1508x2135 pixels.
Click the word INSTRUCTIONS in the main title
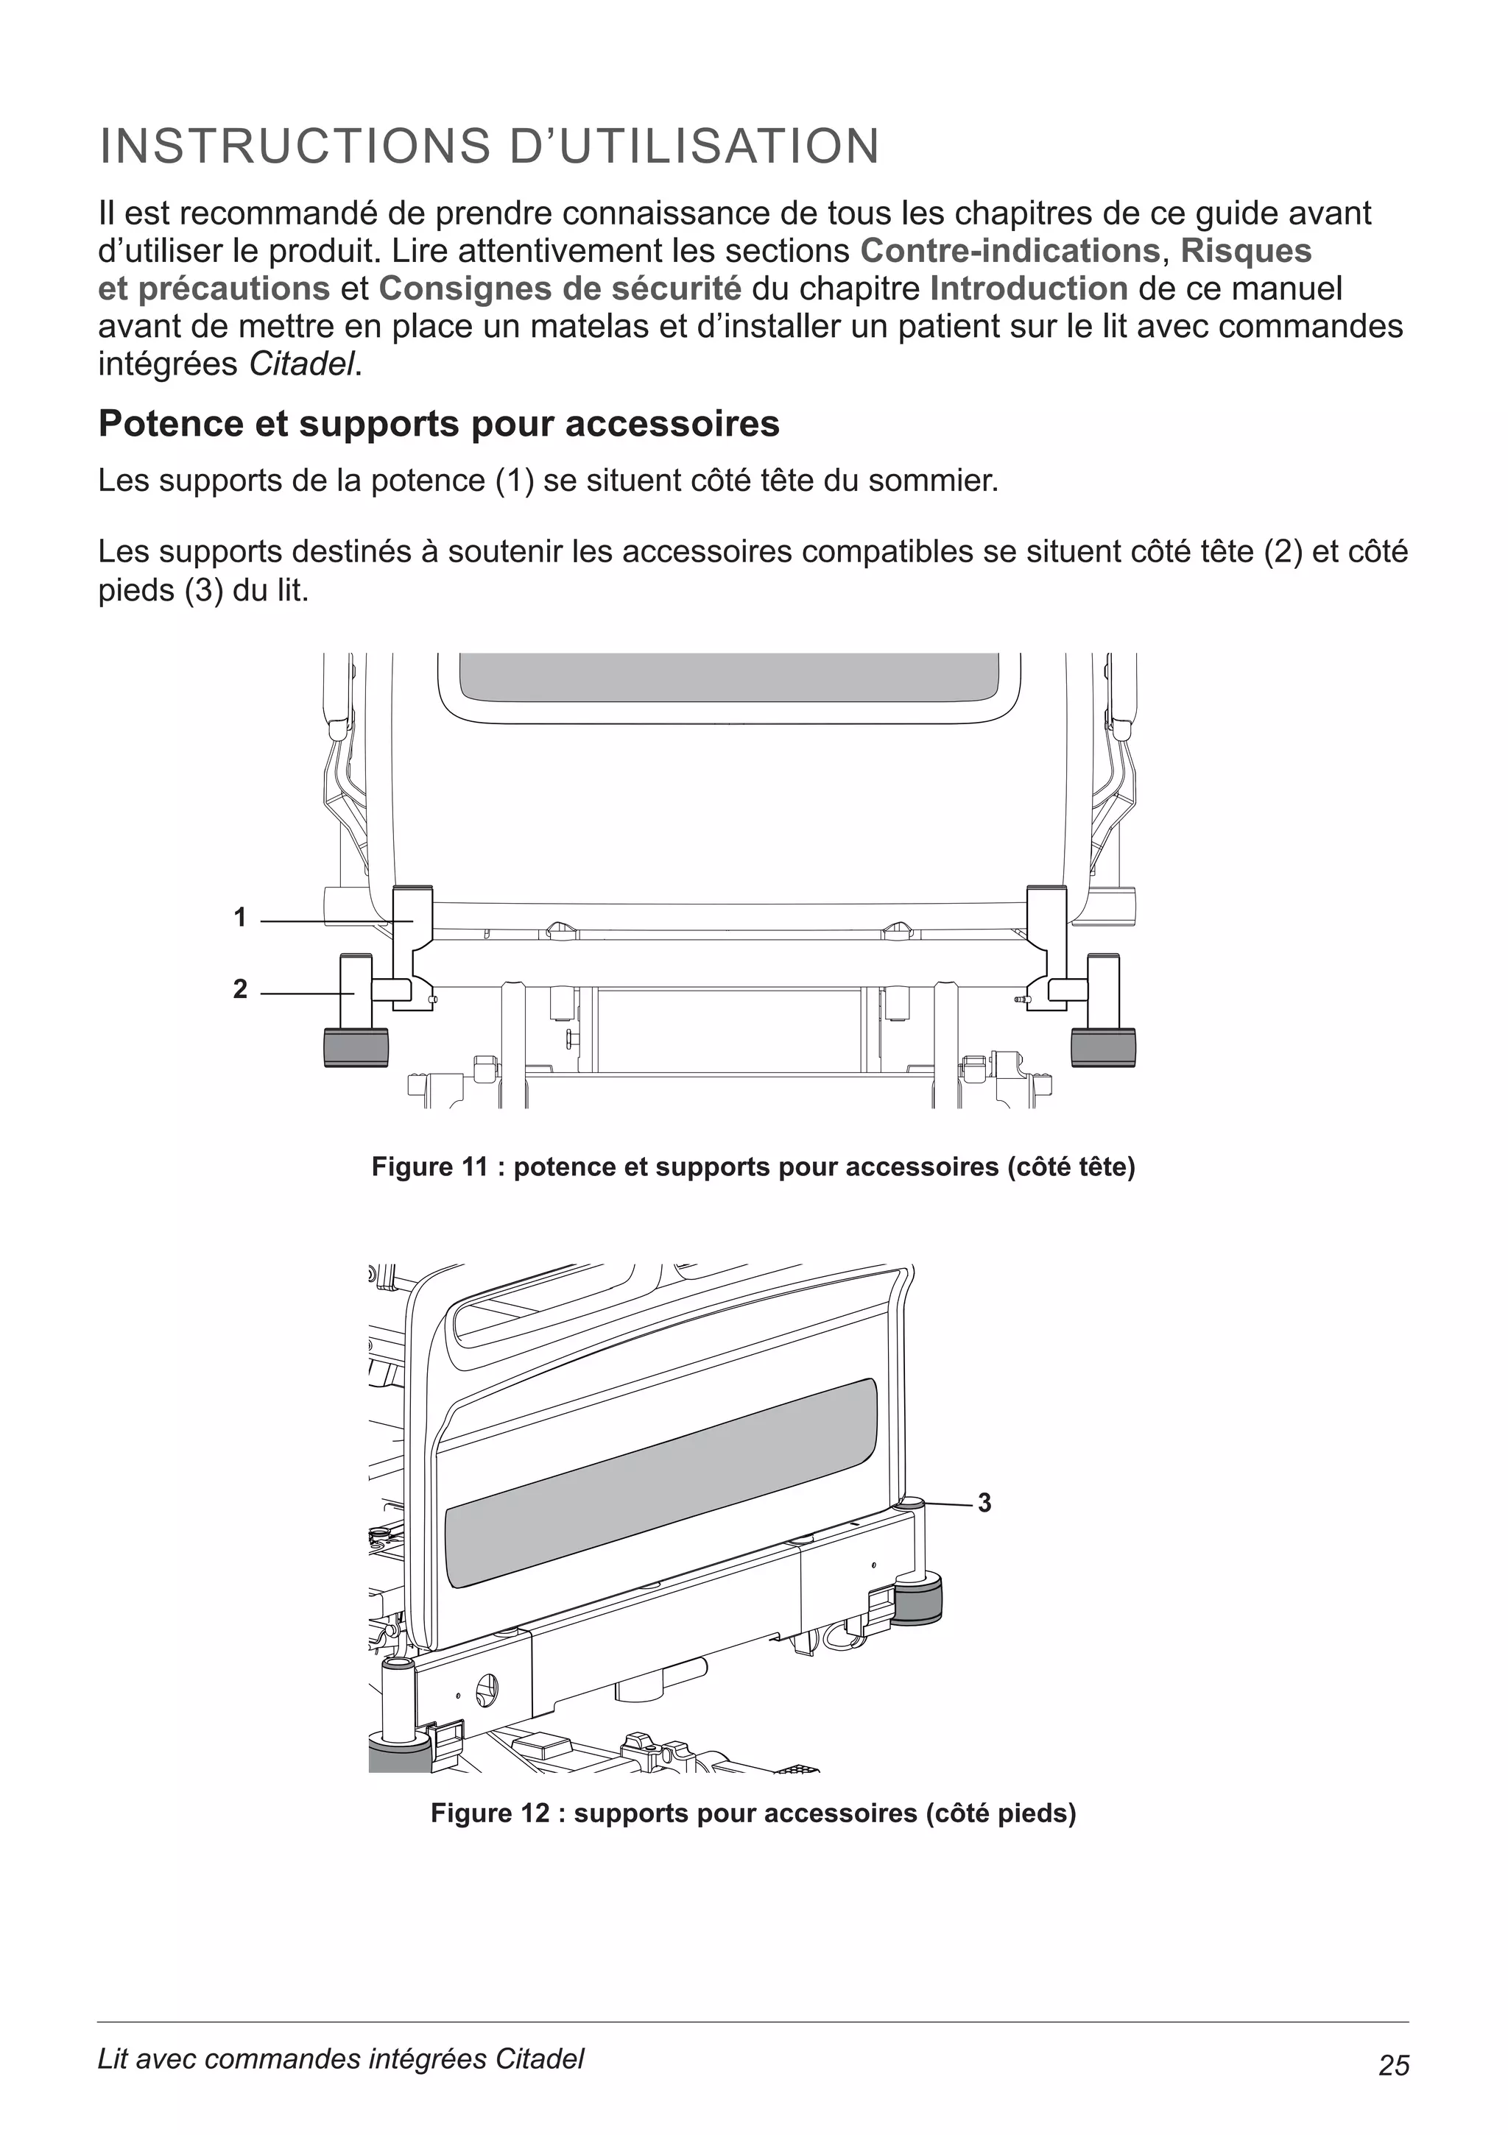(x=294, y=147)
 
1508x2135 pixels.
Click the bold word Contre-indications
(x=1010, y=251)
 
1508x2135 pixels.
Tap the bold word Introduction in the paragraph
(x=1029, y=289)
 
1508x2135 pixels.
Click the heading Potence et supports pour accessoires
(x=439, y=424)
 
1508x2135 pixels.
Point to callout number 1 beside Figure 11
(x=240, y=918)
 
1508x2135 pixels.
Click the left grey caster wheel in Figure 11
(x=356, y=1047)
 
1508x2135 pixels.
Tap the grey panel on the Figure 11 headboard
(x=730, y=677)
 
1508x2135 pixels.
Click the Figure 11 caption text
(x=753, y=1167)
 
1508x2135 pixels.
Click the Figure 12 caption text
(x=753, y=1814)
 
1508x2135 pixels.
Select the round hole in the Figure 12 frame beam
(x=487, y=1690)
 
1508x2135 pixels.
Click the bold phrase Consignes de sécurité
(x=560, y=289)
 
